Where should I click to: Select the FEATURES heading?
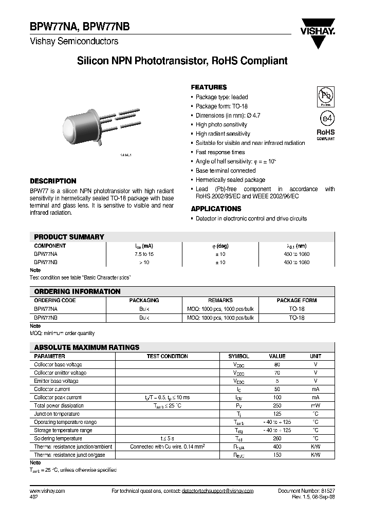point(209,87)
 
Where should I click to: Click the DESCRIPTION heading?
point(53,181)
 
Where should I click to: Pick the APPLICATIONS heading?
point(216,209)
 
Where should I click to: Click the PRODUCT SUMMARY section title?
point(69,237)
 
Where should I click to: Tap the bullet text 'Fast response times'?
point(220,152)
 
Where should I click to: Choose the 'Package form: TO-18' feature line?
point(221,106)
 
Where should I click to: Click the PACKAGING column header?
point(144,300)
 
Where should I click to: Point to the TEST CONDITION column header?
point(167,356)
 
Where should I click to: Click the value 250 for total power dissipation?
point(277,405)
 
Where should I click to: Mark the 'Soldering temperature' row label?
point(58,438)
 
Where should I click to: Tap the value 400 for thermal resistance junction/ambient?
point(277,447)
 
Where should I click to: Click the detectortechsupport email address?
point(217,491)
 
